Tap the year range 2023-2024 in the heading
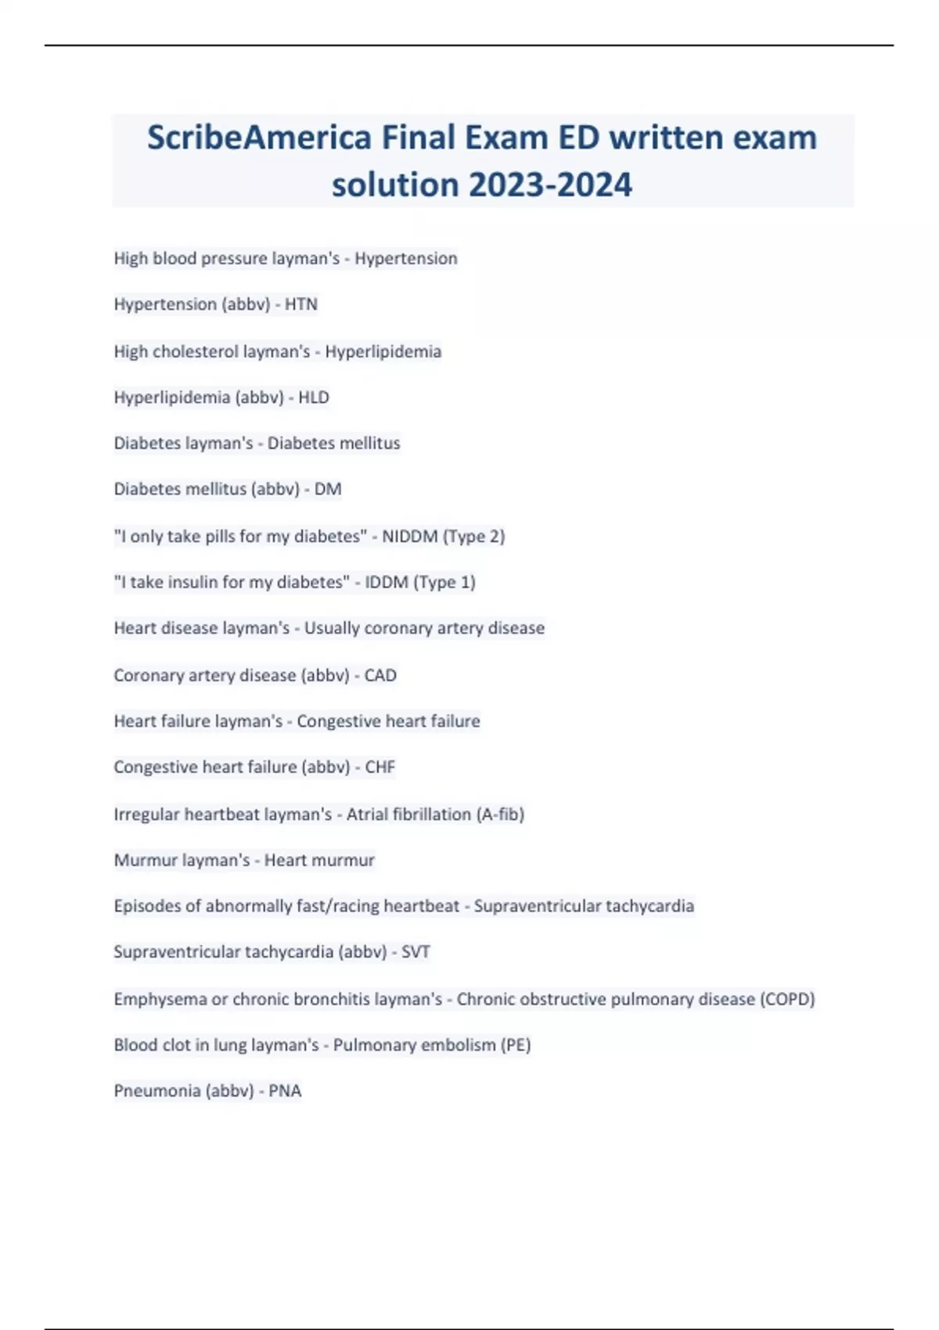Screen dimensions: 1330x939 (x=550, y=185)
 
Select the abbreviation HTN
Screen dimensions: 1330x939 (x=301, y=304)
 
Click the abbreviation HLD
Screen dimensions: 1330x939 (x=314, y=397)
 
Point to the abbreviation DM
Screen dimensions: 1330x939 (x=328, y=489)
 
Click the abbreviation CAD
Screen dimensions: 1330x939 (x=380, y=675)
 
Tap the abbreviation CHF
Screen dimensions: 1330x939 (x=380, y=767)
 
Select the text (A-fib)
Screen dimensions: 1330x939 (x=500, y=814)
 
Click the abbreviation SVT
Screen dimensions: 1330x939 (x=416, y=952)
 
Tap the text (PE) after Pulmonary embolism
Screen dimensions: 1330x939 (x=516, y=1045)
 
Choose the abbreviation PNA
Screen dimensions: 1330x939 (x=285, y=1091)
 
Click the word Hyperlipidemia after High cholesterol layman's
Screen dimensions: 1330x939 (x=383, y=352)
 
